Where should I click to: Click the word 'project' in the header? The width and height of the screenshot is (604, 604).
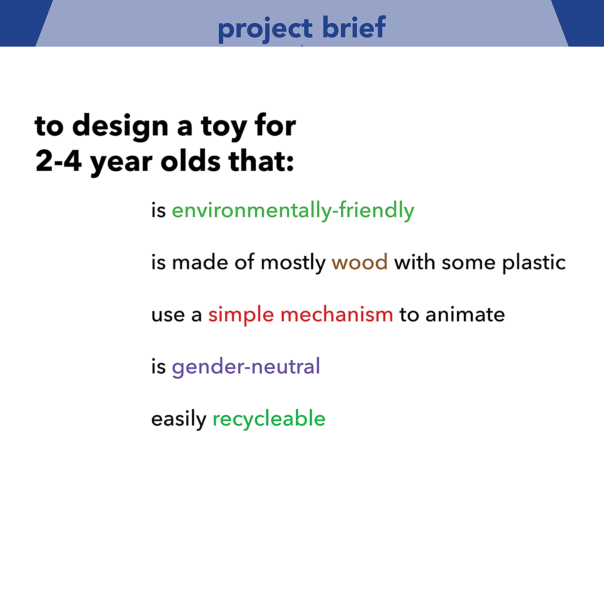point(265,29)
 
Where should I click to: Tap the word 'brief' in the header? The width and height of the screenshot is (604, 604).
point(354,27)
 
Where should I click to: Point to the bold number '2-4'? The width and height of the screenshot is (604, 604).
point(59,161)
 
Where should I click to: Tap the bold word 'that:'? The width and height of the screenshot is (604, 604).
point(261,160)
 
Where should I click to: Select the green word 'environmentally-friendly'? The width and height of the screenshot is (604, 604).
point(293,211)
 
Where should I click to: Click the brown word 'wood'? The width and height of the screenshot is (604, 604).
point(359,262)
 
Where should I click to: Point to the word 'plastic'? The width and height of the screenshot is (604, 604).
point(534,263)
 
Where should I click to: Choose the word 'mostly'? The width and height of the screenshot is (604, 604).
point(293,263)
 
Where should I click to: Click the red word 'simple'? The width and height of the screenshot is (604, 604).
point(241,316)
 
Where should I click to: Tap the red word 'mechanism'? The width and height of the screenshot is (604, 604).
point(337,315)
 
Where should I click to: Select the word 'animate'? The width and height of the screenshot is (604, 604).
point(465,315)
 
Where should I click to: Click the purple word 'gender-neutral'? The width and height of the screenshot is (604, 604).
point(246,367)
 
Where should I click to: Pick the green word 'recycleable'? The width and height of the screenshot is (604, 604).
point(269,419)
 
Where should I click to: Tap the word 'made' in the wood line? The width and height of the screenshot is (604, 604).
point(200,262)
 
